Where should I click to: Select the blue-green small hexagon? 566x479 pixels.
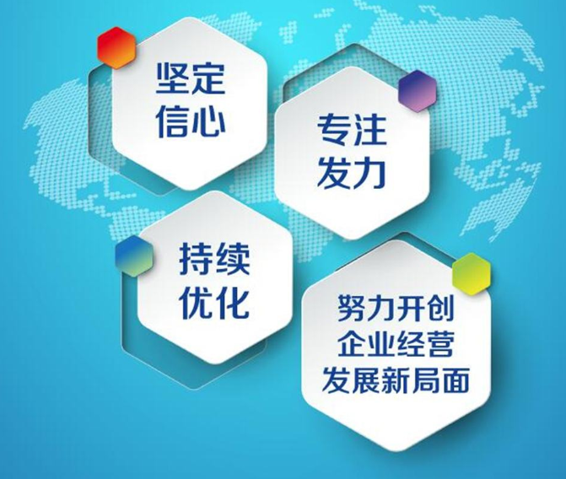click(x=131, y=250)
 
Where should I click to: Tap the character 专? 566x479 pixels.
click(x=332, y=131)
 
